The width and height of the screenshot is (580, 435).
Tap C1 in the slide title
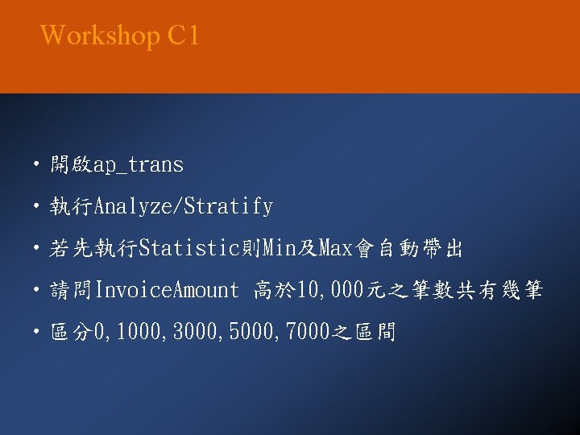point(184,36)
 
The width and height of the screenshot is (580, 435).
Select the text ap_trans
point(139,166)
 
